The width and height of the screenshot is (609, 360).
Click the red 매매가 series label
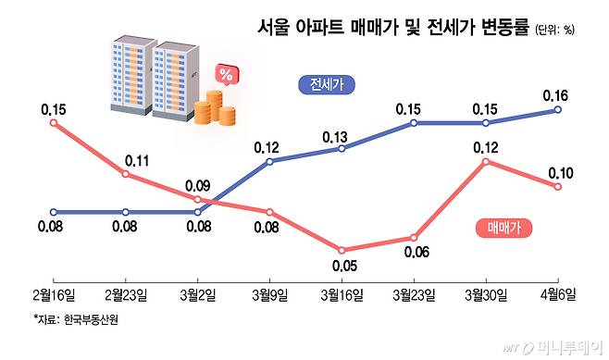504,228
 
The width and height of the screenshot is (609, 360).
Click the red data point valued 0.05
342,251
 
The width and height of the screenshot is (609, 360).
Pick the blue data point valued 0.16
558,109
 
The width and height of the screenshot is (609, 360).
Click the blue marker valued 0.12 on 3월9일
269,162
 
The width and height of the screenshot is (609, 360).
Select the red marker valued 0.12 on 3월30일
486,162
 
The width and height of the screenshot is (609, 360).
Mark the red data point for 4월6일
558,187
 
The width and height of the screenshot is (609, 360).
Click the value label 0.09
199,183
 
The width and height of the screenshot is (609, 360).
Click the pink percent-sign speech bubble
225,73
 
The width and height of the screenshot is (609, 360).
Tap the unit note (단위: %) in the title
554,29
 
